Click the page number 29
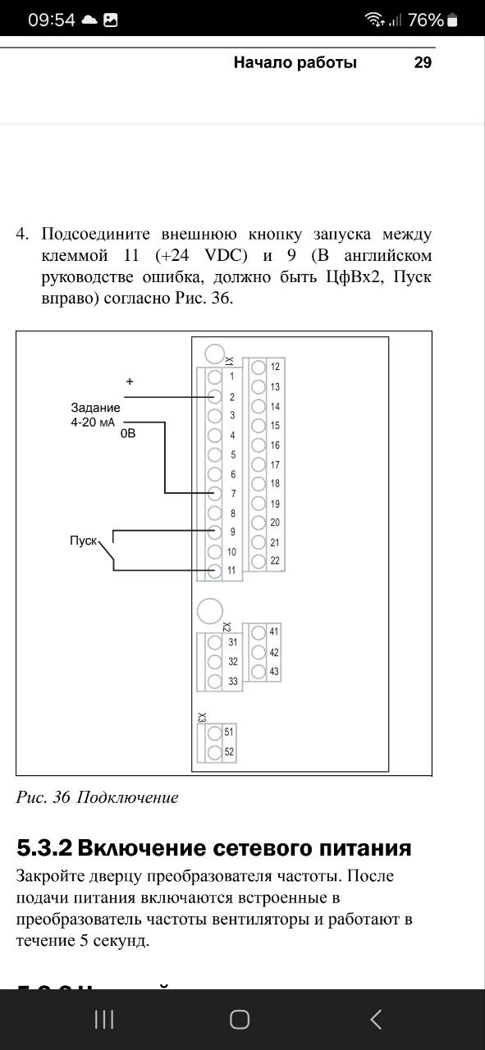pos(423,62)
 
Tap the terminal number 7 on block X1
pos(233,494)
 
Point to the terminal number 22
pos(275,560)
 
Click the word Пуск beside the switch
pos(84,541)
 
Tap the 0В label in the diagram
pos(128,434)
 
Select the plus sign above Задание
pos(130,381)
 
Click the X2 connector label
pos(226,627)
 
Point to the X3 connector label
pos(202,717)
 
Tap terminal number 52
pos(229,752)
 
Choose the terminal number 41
pos(274,632)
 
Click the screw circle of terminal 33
pos(215,681)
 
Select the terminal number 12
pos(275,367)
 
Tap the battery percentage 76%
pos(425,21)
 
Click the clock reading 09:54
pos(52,21)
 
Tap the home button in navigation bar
pos(239,1020)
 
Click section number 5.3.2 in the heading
pos(45,848)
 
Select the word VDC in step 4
pos(226,255)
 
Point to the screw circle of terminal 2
pos(215,396)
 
